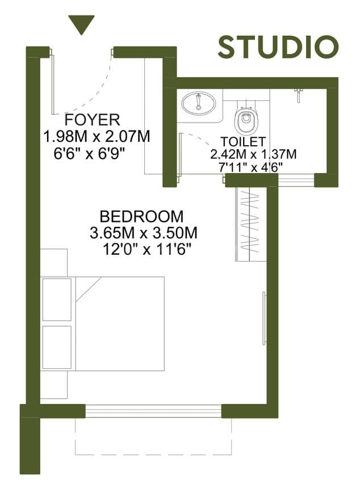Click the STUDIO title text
[x=278, y=47]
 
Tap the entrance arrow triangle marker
[x=82, y=24]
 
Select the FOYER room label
[x=92, y=120]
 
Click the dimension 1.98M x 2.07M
[x=97, y=137]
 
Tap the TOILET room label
[x=243, y=141]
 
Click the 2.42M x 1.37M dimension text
[x=253, y=154]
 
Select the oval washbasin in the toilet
[x=199, y=103]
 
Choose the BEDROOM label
[x=141, y=217]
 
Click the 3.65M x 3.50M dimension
[x=144, y=233]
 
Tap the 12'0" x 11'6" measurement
[x=147, y=250]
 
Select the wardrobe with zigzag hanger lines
[x=251, y=224]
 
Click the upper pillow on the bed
[x=57, y=300]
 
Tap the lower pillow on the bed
[x=57, y=347]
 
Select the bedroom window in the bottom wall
[x=153, y=411]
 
